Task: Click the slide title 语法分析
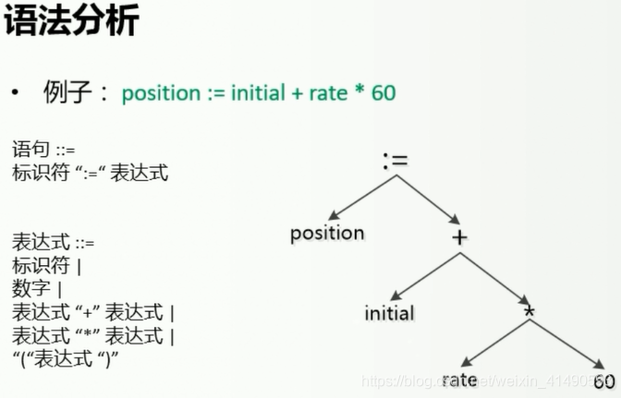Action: [x=70, y=21]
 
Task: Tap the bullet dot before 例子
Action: [x=18, y=94]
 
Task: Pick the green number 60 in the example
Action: [x=383, y=94]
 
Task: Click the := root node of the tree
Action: [x=395, y=160]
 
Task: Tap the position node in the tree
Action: [x=327, y=233]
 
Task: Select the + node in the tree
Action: [x=459, y=237]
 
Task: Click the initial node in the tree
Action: [x=389, y=312]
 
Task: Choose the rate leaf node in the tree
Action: [x=459, y=380]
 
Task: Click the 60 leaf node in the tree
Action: [x=603, y=381]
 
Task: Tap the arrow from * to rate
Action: [x=493, y=345]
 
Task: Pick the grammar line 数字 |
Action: [x=37, y=288]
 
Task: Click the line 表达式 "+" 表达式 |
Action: [x=93, y=311]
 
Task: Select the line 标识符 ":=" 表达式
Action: [x=91, y=173]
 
